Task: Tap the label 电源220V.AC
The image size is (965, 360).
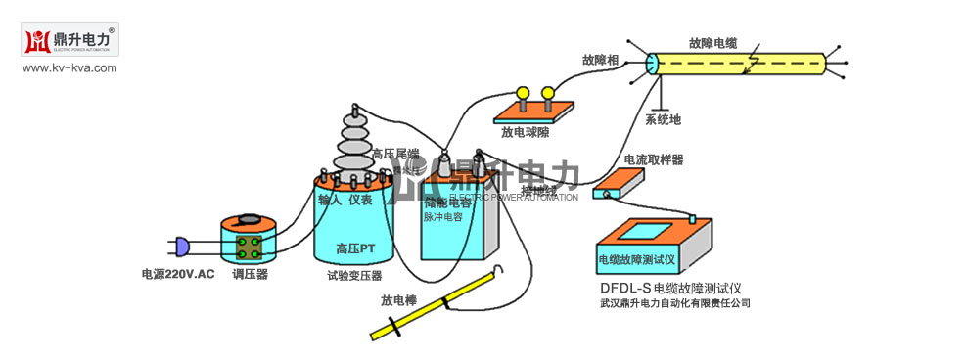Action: tap(177, 274)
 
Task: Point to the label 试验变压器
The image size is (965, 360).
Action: tap(354, 276)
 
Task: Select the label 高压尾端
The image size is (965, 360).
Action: tap(394, 154)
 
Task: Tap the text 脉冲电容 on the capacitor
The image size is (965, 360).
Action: tap(442, 217)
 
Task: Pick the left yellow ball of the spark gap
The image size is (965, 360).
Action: tap(524, 93)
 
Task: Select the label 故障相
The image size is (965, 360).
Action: tap(599, 61)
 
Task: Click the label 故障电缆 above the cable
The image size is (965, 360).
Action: tap(712, 43)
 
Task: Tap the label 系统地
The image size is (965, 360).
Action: tap(663, 120)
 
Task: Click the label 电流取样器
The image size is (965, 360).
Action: tap(653, 158)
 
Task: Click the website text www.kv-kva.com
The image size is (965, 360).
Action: tap(69, 67)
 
